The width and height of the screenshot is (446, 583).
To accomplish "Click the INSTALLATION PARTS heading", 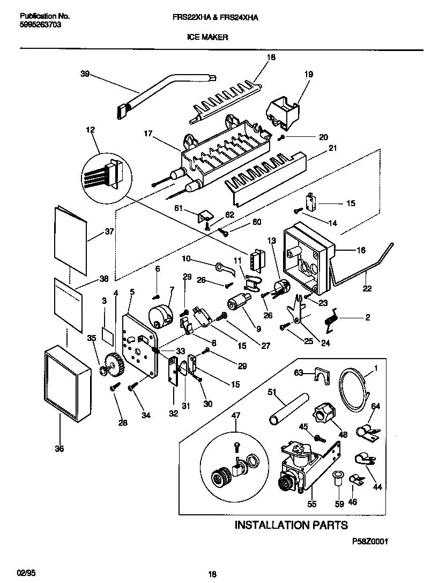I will click(291, 525).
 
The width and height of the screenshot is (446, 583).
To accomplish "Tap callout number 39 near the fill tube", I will click(85, 75).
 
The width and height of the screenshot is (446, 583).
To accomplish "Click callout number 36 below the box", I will click(59, 449).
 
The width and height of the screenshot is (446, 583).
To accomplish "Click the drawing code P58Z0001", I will click(369, 542).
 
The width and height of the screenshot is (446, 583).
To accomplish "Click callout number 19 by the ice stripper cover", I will click(309, 76).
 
